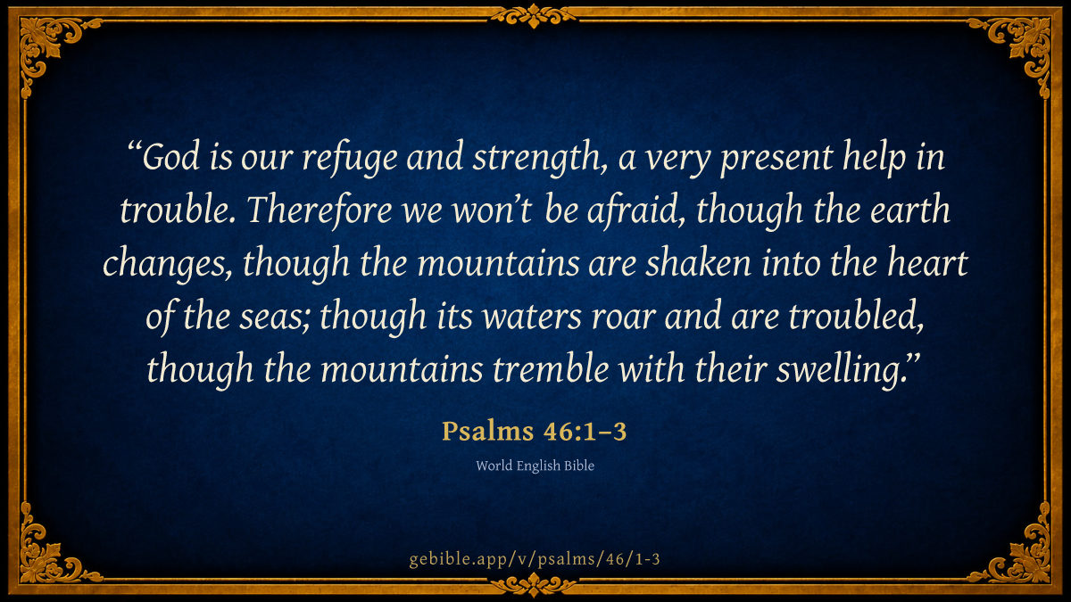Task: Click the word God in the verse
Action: click(x=170, y=156)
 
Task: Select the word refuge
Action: click(x=350, y=159)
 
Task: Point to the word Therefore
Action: click(x=320, y=210)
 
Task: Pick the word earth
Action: click(x=909, y=210)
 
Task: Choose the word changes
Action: click(x=165, y=264)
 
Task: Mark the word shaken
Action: click(x=699, y=263)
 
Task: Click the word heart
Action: click(x=927, y=263)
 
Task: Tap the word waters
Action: click(x=532, y=317)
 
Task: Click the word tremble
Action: click(x=551, y=369)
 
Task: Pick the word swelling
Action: click(x=845, y=370)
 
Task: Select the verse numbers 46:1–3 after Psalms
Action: click(x=585, y=432)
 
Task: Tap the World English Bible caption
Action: click(x=535, y=466)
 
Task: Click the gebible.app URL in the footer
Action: click(x=535, y=559)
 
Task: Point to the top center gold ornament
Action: click(x=534, y=16)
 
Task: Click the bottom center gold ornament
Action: click(x=534, y=584)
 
